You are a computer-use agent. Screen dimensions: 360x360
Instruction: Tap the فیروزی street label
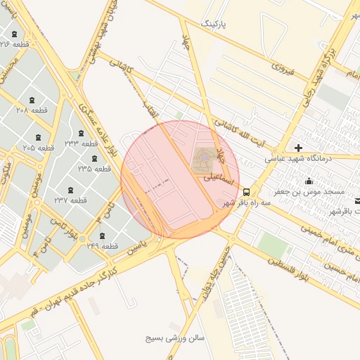point(281,70)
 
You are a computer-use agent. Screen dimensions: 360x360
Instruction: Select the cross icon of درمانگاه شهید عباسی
point(299,148)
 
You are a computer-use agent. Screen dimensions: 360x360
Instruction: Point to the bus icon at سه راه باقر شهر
point(245,191)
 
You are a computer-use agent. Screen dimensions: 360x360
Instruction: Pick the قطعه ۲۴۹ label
point(103,245)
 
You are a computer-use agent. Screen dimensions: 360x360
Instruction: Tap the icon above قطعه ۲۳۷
point(70,190)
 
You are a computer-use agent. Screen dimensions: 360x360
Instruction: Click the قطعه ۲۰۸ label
point(32,110)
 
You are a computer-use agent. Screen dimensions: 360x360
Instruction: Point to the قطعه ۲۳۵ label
point(95,169)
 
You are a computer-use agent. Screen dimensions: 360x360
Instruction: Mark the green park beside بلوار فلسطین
point(274,245)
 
